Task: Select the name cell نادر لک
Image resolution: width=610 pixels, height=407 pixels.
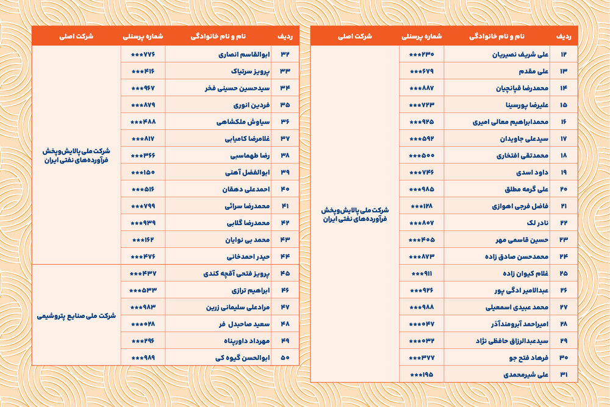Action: tap(533, 223)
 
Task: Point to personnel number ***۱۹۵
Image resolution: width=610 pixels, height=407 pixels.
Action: tap(422, 374)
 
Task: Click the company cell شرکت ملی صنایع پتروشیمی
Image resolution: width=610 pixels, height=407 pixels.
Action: tap(77, 315)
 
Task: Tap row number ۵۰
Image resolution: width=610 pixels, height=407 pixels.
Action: tap(285, 358)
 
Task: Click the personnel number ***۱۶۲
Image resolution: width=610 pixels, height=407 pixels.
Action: tap(143, 240)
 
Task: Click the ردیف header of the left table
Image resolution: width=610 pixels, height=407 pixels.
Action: tap(284, 36)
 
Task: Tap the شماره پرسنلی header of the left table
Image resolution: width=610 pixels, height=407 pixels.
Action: tap(143, 36)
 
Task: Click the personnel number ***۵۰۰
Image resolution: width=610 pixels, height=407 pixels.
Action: tap(422, 156)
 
